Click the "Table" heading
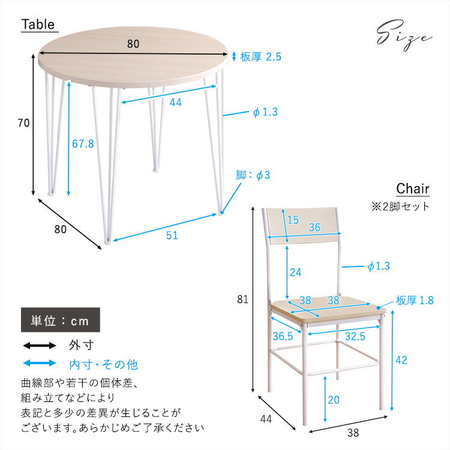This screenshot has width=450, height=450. tap(38, 25)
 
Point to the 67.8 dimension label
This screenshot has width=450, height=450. tap(83, 144)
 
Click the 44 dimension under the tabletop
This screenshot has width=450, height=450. tap(175, 103)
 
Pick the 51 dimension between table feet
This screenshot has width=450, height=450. tap(172, 236)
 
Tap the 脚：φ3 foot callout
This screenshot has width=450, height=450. tap(253, 175)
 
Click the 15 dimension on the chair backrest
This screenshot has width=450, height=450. tap(293, 220)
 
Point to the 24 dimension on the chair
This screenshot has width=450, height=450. tap(295, 272)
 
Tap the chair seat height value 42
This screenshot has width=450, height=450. tap(401, 360)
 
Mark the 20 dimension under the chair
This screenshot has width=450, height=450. tap(333, 400)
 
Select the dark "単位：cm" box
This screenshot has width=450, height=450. tap(61, 320)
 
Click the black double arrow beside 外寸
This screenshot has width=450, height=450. tap(39, 346)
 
